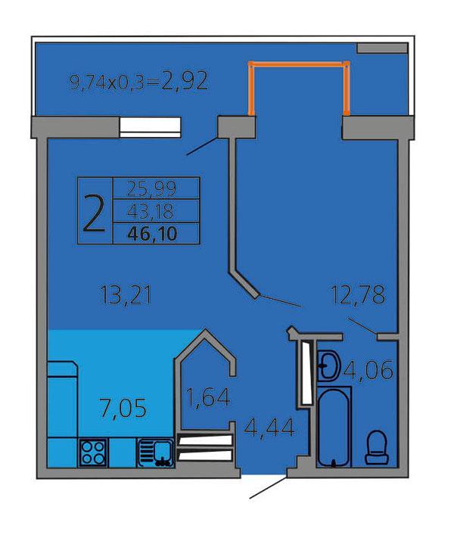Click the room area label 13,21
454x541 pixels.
coord(126,296)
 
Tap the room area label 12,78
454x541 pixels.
coord(358,295)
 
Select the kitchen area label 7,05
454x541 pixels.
coord(123,408)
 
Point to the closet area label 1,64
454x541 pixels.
coord(208,397)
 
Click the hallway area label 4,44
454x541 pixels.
coord(269,428)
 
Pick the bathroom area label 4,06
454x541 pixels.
coord(368,370)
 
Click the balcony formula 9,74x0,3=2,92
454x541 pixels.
coord(138,82)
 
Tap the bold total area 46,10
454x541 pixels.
coord(152,235)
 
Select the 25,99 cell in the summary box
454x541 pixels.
coord(152,188)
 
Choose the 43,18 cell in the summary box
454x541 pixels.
coord(151,211)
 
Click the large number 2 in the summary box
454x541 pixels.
coord(94,213)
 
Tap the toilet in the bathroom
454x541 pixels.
coord(377,447)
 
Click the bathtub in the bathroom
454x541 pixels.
coord(334,427)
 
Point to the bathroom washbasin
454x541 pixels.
coord(328,365)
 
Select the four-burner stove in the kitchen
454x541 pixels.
coord(93,452)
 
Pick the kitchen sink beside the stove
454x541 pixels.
coord(156,452)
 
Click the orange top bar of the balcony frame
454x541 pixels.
coord(299,64)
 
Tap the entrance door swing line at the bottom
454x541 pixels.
coord(268,488)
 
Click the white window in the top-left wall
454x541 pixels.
coord(150,127)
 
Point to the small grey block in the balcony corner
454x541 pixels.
coord(382,48)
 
